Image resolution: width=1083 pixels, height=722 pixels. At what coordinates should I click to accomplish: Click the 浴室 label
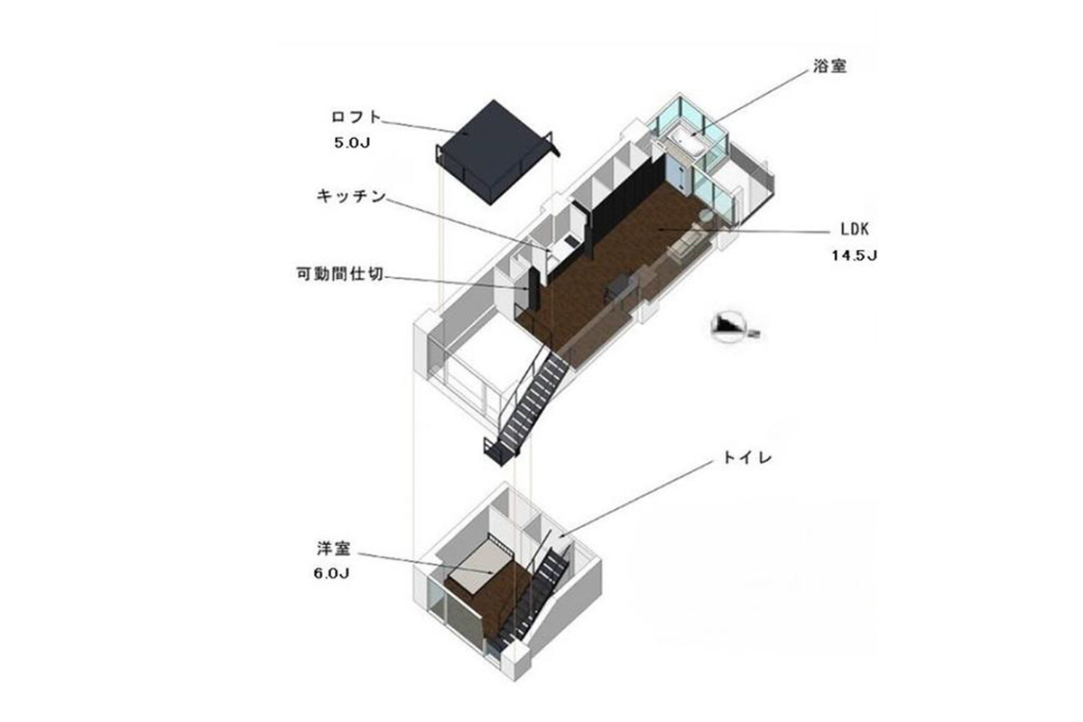coord(829,66)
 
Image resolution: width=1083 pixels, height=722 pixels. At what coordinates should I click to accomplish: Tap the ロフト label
coord(356,117)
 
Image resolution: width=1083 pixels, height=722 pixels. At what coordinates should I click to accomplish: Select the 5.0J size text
coord(352,143)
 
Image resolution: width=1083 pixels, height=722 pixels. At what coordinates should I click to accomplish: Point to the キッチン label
coord(351,196)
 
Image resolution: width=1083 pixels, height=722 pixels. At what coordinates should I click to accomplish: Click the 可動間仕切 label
coord(340,274)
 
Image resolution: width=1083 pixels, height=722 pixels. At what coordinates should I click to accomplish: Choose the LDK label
coord(855,229)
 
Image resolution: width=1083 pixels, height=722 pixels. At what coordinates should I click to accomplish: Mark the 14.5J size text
coord(855,255)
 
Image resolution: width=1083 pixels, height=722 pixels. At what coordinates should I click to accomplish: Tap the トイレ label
coord(747,458)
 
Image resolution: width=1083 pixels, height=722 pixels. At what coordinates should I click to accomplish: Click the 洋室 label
coord(334,549)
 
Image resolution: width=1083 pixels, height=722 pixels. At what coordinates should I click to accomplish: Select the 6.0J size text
coord(331,573)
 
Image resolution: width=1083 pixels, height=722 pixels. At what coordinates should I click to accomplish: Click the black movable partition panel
coord(533,289)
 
